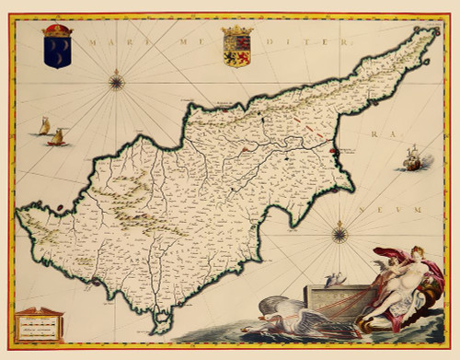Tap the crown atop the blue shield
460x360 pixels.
pos(57,31)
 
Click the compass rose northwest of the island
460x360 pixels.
pos(116,82)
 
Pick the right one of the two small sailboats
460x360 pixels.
pos(58,137)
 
